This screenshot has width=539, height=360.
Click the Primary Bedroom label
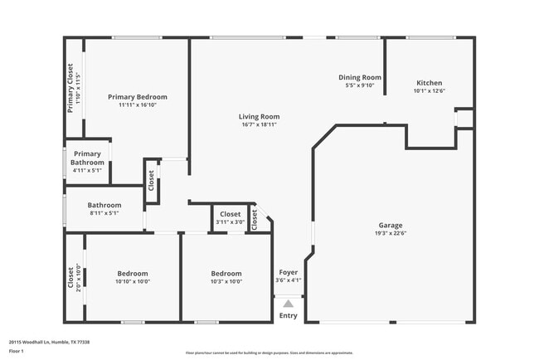(x=138, y=97)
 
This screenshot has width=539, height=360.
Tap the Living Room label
(x=260, y=117)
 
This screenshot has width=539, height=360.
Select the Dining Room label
(x=360, y=77)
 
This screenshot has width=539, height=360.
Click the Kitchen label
(x=430, y=83)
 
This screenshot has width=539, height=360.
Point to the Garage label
(x=391, y=226)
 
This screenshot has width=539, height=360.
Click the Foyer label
(x=288, y=272)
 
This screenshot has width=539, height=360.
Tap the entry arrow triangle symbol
(x=288, y=304)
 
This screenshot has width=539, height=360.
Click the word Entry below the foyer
(x=288, y=315)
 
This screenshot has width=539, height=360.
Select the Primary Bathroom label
(x=88, y=158)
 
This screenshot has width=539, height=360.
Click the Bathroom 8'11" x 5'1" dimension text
(x=105, y=213)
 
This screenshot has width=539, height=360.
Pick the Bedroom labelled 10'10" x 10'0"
(x=133, y=274)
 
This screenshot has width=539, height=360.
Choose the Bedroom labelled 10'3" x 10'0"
(x=226, y=274)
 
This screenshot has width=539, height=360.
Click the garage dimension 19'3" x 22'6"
(x=391, y=234)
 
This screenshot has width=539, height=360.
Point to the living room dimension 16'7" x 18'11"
(x=260, y=124)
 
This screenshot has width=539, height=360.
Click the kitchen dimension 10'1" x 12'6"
(x=430, y=90)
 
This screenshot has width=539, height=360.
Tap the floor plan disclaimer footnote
(x=269, y=352)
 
